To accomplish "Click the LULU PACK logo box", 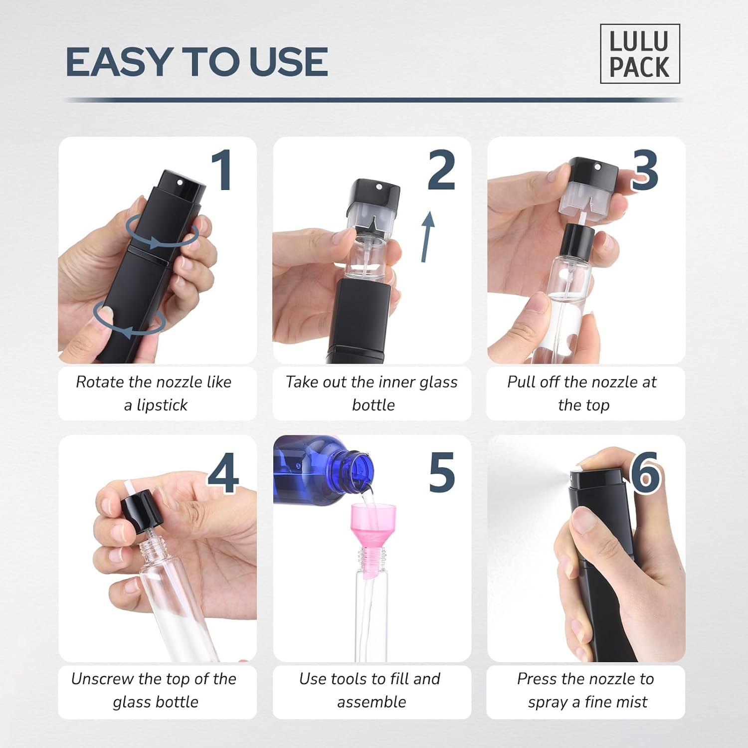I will click(x=639, y=54).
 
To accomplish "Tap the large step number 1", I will click(x=222, y=171).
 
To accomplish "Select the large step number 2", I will click(x=441, y=171).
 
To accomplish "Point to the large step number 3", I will click(x=645, y=171).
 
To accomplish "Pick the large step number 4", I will click(x=223, y=473).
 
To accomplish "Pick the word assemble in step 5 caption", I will click(x=372, y=702).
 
